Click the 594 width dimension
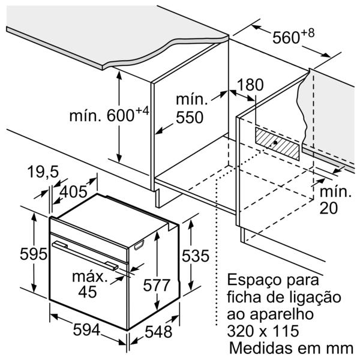click(x=86, y=329)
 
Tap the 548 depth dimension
click(x=158, y=332)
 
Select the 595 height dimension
click(x=34, y=254)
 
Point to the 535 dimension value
click(x=196, y=256)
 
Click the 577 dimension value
click(x=157, y=286)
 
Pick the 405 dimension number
click(x=73, y=192)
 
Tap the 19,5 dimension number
click(x=43, y=172)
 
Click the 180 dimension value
click(x=250, y=85)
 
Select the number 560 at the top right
click(x=286, y=37)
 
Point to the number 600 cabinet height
click(x=121, y=115)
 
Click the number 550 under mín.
click(x=190, y=118)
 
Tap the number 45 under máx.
click(x=87, y=292)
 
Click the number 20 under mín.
click(x=329, y=208)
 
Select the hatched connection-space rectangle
click(x=277, y=144)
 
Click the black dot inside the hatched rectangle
click(x=275, y=143)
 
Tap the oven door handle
click(x=85, y=256)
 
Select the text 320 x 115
click(x=263, y=331)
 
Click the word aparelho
click(x=282, y=314)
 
